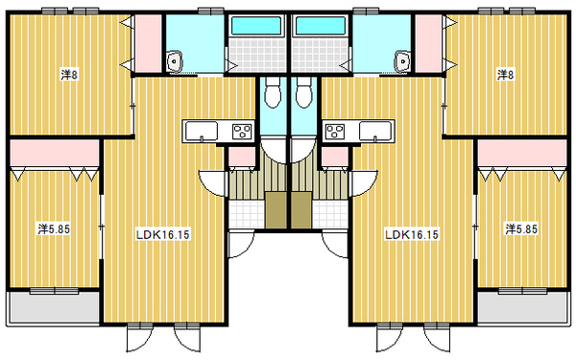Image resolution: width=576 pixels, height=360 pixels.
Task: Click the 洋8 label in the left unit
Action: pyautogui.click(x=69, y=75)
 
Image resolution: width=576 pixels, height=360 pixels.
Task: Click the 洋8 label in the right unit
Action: pyautogui.click(x=506, y=75)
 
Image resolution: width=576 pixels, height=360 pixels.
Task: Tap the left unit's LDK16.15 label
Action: pyautogui.click(x=163, y=234)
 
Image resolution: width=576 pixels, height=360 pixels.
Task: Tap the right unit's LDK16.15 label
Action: pyautogui.click(x=412, y=234)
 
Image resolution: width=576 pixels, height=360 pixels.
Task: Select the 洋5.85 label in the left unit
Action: pyautogui.click(x=54, y=229)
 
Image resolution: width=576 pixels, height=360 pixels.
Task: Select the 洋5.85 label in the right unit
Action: pyautogui.click(x=521, y=229)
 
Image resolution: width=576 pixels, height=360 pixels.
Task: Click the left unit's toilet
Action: pyautogui.click(x=273, y=92)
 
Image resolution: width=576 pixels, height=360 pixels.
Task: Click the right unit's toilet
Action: pyautogui.click(x=303, y=92)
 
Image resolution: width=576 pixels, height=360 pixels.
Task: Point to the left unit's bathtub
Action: pyautogui.click(x=256, y=26)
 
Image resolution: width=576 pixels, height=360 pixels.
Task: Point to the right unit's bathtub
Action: pyautogui.click(x=320, y=26)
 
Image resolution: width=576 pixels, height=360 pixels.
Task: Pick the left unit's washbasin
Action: pyautogui.click(x=174, y=61)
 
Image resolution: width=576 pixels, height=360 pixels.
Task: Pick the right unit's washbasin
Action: pyautogui.click(x=403, y=61)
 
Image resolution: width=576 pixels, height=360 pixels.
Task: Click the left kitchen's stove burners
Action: pyautogui.click(x=242, y=132)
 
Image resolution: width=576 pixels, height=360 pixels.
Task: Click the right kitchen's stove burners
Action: pyautogui.click(x=335, y=132)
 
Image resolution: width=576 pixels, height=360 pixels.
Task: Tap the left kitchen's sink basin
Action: pyautogui.click(x=202, y=132)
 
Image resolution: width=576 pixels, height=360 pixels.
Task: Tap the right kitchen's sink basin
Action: pyautogui.click(x=375, y=132)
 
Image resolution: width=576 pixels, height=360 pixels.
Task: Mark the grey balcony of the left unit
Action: pyautogui.click(x=54, y=307)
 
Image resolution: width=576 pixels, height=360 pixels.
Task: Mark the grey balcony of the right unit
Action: pyautogui.click(x=522, y=307)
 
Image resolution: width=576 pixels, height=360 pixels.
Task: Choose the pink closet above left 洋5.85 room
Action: pyautogui.click(x=55, y=153)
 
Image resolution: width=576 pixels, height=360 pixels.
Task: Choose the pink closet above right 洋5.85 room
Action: pyautogui.click(x=522, y=153)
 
